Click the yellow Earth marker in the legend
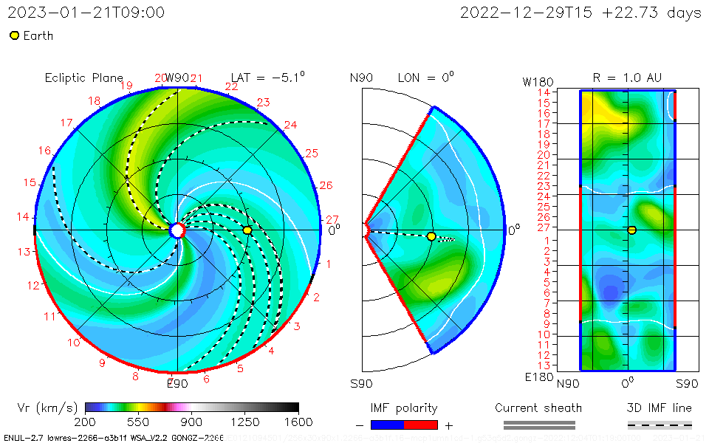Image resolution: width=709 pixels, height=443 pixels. [14, 35]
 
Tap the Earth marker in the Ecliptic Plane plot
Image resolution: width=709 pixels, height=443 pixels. [247, 230]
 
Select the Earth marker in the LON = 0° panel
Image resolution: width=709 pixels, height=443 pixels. [431, 236]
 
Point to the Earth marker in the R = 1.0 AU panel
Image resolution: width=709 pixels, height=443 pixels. [632, 230]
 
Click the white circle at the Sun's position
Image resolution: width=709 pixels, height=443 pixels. [177, 230]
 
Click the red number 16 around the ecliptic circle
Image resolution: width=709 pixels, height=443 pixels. [44, 151]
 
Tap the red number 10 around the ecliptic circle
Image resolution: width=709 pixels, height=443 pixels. [74, 343]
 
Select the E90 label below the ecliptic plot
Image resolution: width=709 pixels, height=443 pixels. [177, 383]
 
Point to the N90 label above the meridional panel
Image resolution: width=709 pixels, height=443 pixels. [361, 78]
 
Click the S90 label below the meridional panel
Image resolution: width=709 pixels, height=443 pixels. [361, 383]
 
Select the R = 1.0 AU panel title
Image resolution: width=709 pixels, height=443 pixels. [627, 78]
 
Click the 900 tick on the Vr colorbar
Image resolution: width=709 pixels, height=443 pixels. [192, 422]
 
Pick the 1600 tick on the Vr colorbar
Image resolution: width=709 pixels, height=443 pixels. [298, 422]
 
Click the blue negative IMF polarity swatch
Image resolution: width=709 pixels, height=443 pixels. [388, 425]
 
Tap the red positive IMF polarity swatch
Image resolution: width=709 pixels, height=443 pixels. [421, 425]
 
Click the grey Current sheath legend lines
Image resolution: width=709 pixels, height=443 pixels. [538, 425]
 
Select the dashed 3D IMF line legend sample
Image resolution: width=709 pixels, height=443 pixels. [660, 425]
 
